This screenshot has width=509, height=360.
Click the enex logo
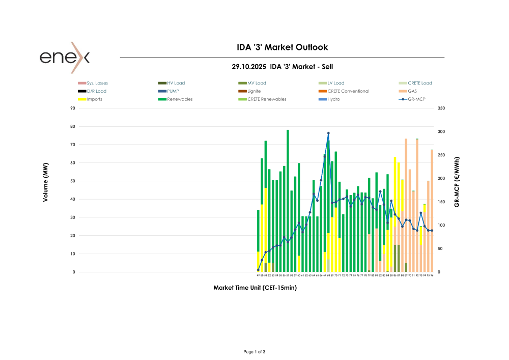point(65,57)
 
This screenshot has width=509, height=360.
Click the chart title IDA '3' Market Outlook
point(282,47)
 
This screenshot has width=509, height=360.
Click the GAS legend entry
point(412,91)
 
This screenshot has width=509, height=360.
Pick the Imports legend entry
point(94,99)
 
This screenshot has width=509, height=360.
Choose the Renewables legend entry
point(180,99)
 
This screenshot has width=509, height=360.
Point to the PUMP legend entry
point(173,91)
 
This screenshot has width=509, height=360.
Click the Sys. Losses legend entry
point(97,83)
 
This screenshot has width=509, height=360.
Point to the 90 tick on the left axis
point(73,108)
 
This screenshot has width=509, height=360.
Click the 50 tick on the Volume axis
point(73,181)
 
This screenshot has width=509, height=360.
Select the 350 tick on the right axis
point(441,108)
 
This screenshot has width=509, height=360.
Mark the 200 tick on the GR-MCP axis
point(441,179)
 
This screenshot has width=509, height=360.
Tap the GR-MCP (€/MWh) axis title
point(457,181)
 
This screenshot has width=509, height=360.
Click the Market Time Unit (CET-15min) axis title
point(255,288)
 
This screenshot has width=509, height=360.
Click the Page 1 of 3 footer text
point(254,352)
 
